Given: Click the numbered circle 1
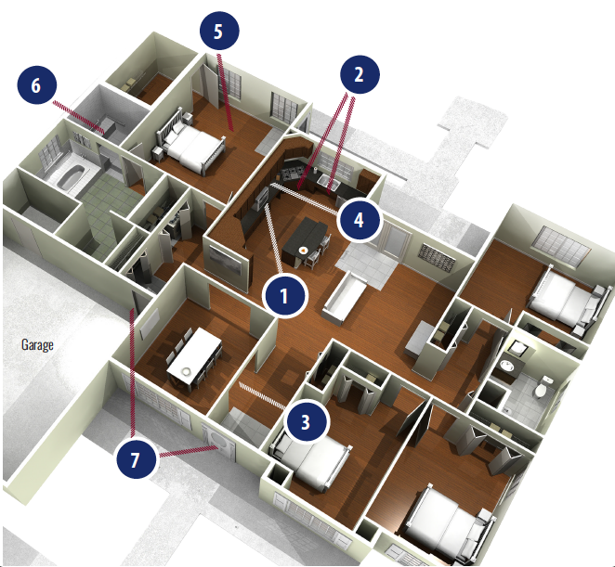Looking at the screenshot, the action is click(285, 296).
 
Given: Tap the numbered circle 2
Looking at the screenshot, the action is click(360, 74).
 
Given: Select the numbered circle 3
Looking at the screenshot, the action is click(306, 422).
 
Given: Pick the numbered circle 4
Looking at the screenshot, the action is click(359, 220).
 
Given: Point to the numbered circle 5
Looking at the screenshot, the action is click(219, 31).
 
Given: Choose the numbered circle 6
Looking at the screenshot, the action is click(36, 85).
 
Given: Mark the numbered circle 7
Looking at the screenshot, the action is click(137, 459).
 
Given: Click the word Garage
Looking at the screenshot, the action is click(37, 345).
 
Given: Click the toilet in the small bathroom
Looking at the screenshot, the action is click(543, 387).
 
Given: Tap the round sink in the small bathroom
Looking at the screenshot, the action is click(507, 366).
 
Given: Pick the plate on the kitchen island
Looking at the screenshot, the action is click(303, 250).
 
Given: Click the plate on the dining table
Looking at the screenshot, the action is click(186, 370).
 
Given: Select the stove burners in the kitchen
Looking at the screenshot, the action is click(293, 172).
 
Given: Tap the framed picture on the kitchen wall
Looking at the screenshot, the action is click(226, 260).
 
